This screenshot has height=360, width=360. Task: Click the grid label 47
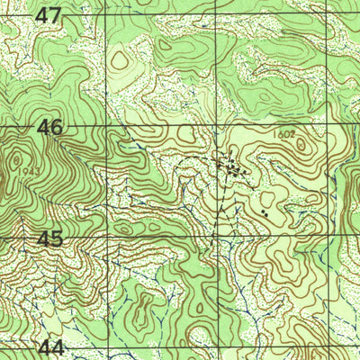tap(49, 15)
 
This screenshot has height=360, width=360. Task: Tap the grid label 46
tap(50, 128)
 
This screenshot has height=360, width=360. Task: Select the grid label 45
tap(50, 238)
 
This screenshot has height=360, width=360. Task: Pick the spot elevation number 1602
tap(286, 134)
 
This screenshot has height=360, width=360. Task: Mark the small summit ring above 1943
tap(16, 160)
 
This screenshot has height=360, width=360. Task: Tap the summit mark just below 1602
tap(301, 144)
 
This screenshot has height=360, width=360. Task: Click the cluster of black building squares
tap(234, 166)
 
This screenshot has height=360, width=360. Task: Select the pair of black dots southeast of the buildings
tap(264, 213)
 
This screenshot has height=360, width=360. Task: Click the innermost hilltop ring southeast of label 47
tap(121, 61)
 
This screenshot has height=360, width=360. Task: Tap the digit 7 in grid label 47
tap(57, 15)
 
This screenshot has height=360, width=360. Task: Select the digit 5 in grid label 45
tap(58, 238)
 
